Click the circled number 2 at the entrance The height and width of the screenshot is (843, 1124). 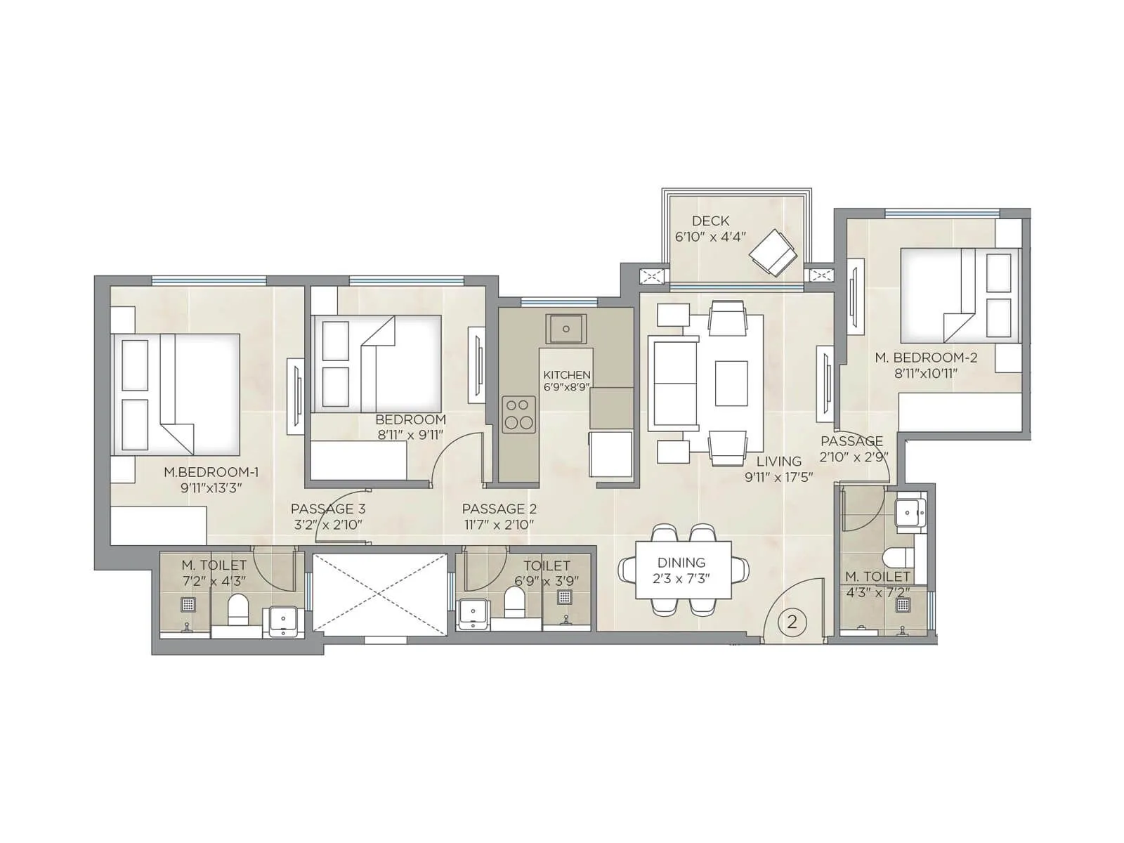point(792,622)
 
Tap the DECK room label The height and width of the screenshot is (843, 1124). point(710,221)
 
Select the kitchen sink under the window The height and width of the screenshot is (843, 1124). point(566,328)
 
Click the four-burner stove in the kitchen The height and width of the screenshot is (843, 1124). point(518,414)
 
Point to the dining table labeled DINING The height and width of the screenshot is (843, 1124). point(683,570)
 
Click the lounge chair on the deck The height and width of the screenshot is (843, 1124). point(773,252)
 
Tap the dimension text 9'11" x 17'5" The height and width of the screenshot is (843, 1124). point(778,478)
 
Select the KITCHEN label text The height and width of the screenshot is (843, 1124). point(566,375)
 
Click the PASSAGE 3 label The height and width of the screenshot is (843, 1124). point(328,509)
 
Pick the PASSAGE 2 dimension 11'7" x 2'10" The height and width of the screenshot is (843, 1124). point(499,525)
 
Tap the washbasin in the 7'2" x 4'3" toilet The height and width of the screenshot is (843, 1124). point(284,622)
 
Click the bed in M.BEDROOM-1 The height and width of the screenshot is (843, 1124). point(179,393)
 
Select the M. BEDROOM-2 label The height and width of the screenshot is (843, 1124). point(926,358)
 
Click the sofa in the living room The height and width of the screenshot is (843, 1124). point(672,384)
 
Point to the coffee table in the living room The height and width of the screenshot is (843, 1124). point(731,383)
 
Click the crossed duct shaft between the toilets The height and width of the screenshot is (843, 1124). point(380,594)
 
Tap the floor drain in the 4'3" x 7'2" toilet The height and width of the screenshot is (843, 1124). point(903,604)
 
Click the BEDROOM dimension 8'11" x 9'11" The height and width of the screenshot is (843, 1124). point(410,435)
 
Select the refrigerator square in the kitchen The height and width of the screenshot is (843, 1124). point(610,454)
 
